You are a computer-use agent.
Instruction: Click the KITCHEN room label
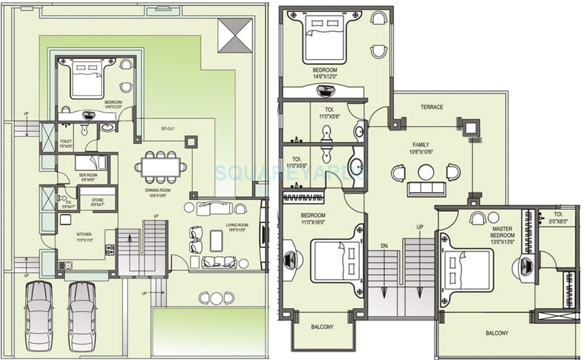pos(84,234)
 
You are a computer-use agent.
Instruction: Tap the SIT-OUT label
pos(168,129)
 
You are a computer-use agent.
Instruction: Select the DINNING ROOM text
pos(158,190)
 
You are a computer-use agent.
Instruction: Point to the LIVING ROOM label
pos(237,225)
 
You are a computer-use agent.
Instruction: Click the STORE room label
pos(98,200)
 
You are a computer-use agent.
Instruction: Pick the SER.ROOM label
pos(88,175)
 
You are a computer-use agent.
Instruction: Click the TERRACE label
pos(432,107)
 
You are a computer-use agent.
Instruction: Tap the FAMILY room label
pos(421,145)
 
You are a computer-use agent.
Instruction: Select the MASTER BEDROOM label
pos(502,232)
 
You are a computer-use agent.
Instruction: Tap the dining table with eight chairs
pos(161,167)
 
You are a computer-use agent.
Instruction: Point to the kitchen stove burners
pos(110,249)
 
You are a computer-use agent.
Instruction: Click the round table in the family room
pos(426,172)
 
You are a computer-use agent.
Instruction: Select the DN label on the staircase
pos(384,246)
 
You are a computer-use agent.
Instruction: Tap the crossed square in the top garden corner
pos(235,35)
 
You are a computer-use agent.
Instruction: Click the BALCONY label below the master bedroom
pos(496,333)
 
